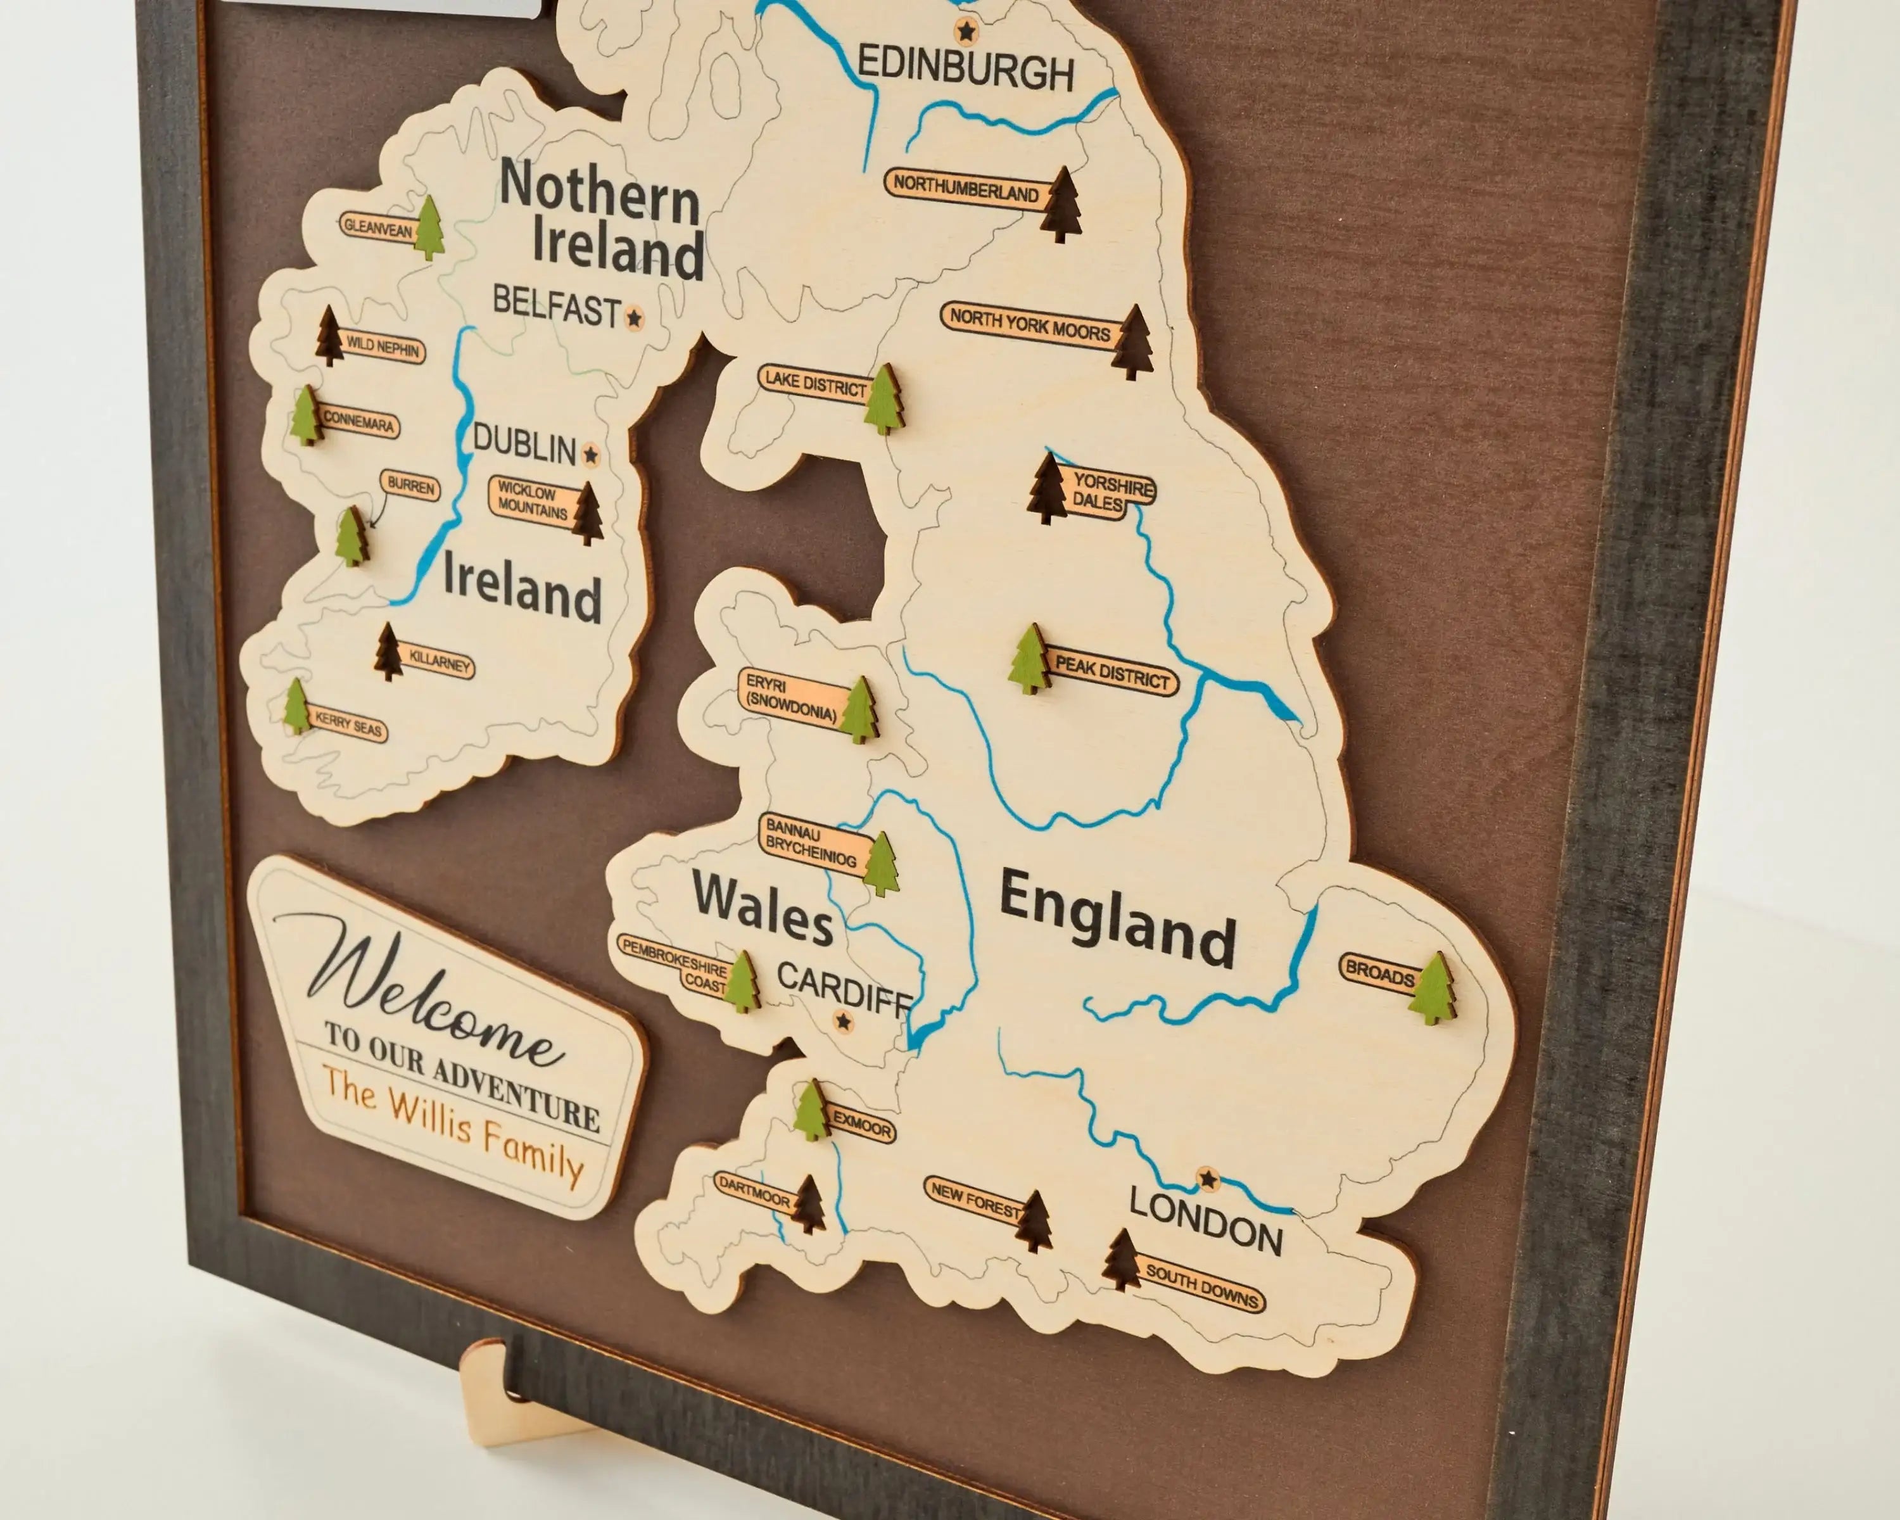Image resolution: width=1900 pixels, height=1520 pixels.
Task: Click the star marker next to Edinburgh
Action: pos(966,32)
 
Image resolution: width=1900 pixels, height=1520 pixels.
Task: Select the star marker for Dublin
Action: pos(590,455)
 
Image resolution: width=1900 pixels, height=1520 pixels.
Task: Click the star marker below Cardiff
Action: pos(844,1022)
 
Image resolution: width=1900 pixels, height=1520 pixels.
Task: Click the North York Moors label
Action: pos(1029,326)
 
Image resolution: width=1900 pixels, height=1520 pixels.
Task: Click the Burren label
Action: pos(410,486)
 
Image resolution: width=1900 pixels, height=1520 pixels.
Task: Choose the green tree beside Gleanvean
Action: pos(429,227)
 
